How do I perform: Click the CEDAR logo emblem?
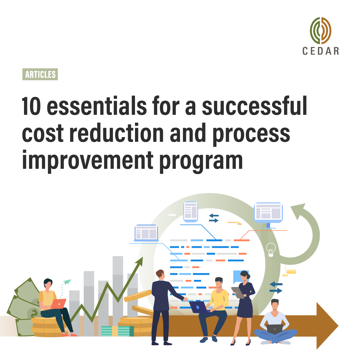coord(320,31)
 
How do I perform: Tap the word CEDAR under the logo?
coord(320,51)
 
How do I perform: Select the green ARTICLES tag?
coord(40,74)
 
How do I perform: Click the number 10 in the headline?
coord(31,107)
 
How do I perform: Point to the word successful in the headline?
coord(254,107)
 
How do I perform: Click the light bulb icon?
coord(271,250)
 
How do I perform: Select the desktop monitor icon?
coord(268,213)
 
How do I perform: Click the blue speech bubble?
coord(238,276)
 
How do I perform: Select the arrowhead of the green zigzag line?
coord(139,261)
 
